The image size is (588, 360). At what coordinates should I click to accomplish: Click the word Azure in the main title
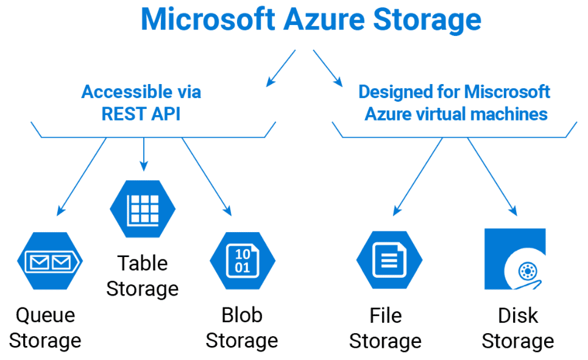click(x=329, y=19)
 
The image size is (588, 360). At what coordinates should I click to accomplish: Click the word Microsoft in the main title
click(x=208, y=19)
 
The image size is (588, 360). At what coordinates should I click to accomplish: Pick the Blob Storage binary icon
click(x=243, y=261)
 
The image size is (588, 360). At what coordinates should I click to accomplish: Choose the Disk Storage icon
click(x=515, y=259)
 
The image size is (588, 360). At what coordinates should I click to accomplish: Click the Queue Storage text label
click(x=45, y=328)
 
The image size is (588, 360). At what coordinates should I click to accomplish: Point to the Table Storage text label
click(x=143, y=275)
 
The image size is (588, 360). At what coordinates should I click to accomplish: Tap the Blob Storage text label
click(x=242, y=328)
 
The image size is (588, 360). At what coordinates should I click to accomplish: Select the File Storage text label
click(x=385, y=328)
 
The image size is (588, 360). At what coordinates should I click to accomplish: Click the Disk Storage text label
click(x=518, y=328)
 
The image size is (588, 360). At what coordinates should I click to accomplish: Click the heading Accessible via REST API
click(x=141, y=103)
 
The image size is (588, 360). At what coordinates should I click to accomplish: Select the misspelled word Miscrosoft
click(x=508, y=92)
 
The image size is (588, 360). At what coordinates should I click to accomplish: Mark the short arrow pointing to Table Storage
click(x=144, y=154)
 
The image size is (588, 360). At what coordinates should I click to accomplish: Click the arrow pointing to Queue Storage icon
click(x=82, y=175)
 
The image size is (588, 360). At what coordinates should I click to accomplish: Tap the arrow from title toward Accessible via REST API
click(x=281, y=67)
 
